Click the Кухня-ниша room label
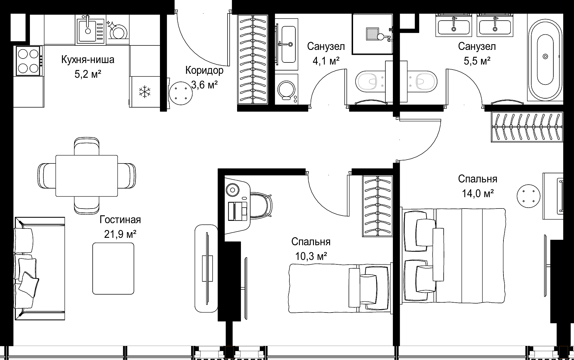click(x=88, y=60)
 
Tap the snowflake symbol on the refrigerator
click(x=145, y=92)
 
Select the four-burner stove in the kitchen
click(x=29, y=61)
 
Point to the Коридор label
click(x=204, y=71)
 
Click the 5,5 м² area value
click(x=477, y=61)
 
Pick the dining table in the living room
click(x=87, y=176)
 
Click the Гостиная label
click(x=120, y=220)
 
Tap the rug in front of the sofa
click(x=113, y=268)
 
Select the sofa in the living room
click(x=40, y=269)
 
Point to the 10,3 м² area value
click(x=311, y=256)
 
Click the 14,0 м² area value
click(x=477, y=194)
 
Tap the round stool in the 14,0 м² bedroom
click(x=529, y=196)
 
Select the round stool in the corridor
click(x=181, y=93)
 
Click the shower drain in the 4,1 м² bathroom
click(x=372, y=34)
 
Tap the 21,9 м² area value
click(x=120, y=234)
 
